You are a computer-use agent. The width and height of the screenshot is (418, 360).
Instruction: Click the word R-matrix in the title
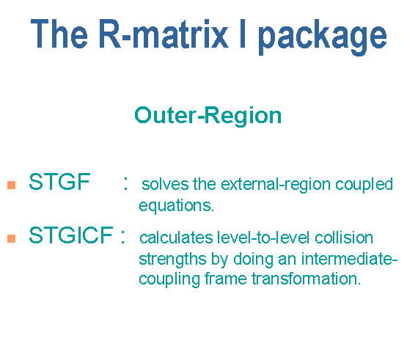click(x=164, y=34)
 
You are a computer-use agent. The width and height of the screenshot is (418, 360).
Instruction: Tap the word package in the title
click(x=323, y=37)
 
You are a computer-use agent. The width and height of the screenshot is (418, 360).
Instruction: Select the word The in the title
click(x=59, y=33)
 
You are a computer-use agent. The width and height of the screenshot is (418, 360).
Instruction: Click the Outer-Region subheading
click(x=208, y=116)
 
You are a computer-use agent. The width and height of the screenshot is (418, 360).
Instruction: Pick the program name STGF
click(x=59, y=181)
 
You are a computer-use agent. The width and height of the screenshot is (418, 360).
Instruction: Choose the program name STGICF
click(x=71, y=235)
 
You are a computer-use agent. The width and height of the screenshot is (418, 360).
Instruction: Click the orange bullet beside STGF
click(x=12, y=185)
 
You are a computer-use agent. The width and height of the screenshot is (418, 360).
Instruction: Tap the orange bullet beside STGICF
click(x=12, y=238)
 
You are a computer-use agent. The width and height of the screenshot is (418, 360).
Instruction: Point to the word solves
click(x=165, y=184)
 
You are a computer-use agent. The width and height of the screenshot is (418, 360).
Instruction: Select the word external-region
click(x=276, y=185)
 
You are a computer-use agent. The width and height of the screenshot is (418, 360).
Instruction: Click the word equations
click(x=177, y=206)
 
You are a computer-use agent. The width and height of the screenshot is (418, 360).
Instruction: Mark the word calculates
click(x=176, y=238)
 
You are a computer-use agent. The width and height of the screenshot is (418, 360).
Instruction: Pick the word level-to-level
click(x=263, y=237)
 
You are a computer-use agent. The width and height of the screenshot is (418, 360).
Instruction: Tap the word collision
click(x=344, y=237)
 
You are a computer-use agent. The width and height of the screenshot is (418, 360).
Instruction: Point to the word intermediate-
click(x=350, y=259)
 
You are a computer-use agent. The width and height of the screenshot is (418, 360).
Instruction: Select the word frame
click(x=226, y=279)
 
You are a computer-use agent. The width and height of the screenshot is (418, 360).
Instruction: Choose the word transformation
click(x=307, y=279)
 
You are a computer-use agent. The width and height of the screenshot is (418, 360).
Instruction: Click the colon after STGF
click(x=125, y=183)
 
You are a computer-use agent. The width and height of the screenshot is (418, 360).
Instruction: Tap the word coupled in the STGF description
click(x=364, y=185)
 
